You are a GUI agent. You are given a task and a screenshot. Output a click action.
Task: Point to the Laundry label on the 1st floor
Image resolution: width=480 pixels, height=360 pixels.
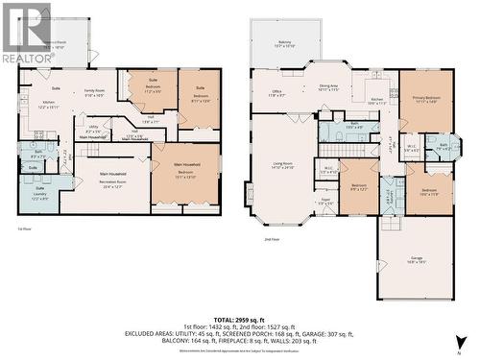[x=39, y=197]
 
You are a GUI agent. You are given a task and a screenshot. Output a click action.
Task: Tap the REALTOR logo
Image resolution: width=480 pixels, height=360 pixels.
[x=26, y=33]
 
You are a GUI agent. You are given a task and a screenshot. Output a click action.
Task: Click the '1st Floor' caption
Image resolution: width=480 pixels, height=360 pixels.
[x=25, y=229]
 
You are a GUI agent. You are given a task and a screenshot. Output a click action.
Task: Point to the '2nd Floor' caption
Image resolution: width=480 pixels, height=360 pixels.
[x=274, y=239]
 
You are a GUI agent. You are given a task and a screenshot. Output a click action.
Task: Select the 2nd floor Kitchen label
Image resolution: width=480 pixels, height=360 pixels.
[x=377, y=100]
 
